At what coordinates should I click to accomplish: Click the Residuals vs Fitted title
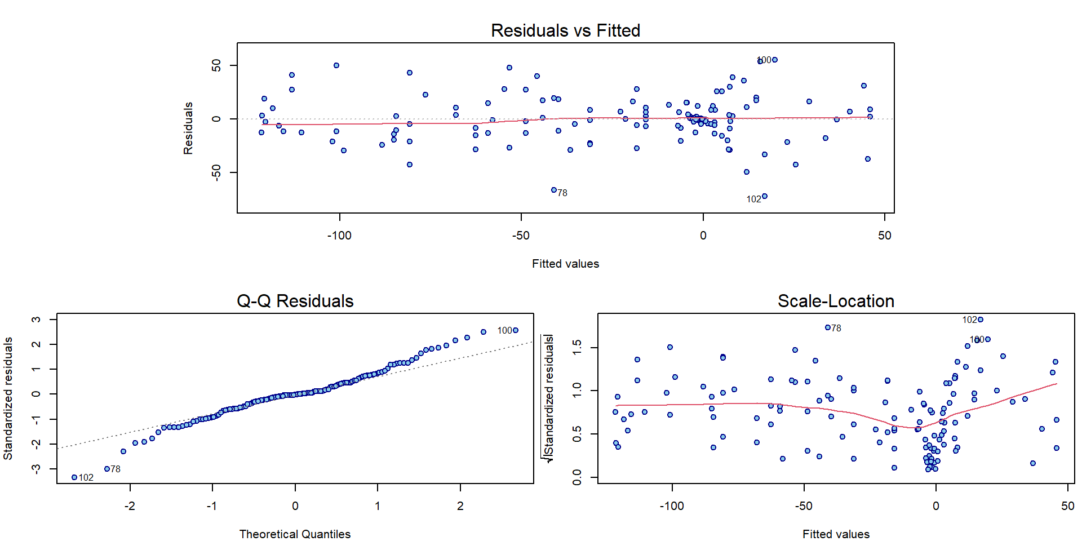[565, 30]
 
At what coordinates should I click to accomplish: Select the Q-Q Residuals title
[295, 301]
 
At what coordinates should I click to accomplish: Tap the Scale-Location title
[836, 301]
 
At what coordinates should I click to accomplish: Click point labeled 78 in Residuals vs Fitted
[554, 190]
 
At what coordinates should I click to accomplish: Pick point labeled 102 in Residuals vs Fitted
[765, 197]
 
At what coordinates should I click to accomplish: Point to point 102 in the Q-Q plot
[74, 477]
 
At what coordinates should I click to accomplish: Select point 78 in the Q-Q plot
[107, 469]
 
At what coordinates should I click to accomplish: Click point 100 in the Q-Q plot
[516, 330]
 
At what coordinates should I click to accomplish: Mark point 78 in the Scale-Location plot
[828, 327]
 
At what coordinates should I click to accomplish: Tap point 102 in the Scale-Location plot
[981, 320]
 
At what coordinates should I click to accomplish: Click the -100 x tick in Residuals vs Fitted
[339, 236]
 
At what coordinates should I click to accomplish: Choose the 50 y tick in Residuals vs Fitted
[216, 66]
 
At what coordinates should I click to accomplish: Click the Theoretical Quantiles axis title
[295, 534]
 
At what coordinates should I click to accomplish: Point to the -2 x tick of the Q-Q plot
[130, 506]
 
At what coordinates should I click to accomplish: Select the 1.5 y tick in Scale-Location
[577, 347]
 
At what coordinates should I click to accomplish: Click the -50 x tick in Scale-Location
[804, 506]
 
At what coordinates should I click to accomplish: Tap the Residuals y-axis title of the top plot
[188, 128]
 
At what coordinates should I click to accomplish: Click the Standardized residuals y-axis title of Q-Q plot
[8, 398]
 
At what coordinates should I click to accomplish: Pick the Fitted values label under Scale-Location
[836, 534]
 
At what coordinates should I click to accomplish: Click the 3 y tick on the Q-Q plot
[36, 320]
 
